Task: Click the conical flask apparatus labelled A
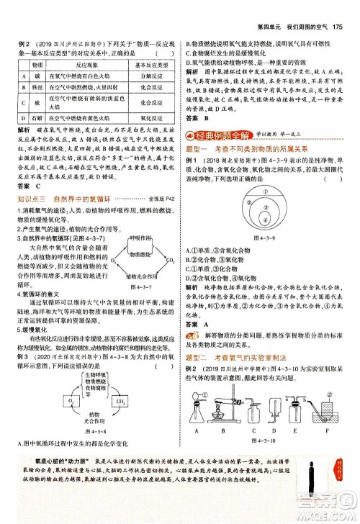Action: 194,415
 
